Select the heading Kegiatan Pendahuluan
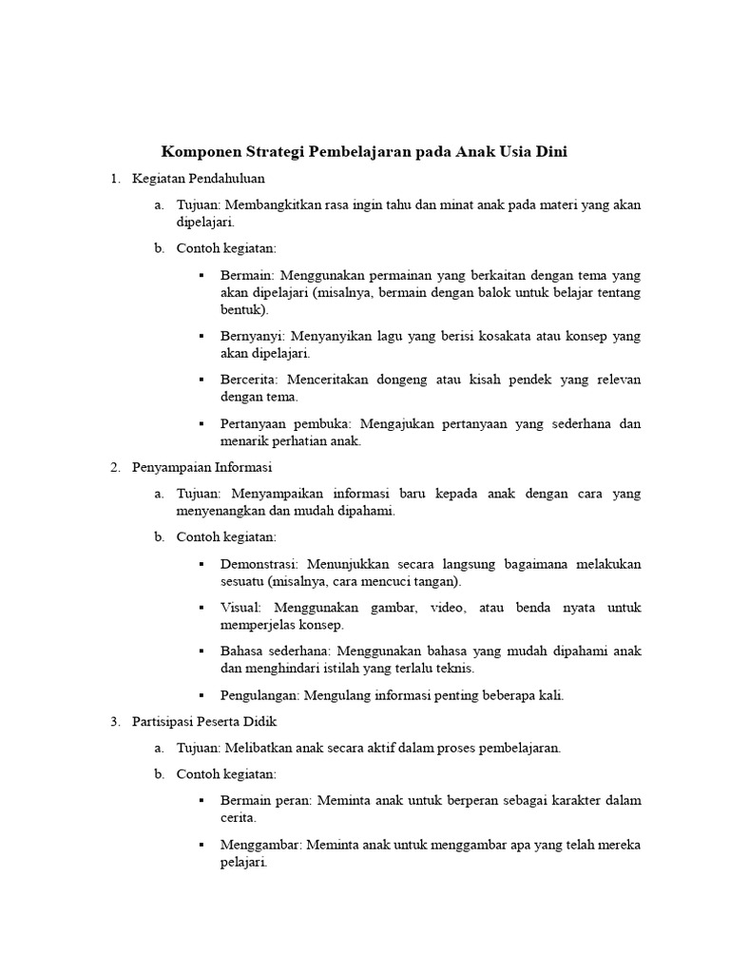point(199,178)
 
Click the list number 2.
point(114,467)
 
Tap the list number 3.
point(114,721)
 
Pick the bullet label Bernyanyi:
point(252,336)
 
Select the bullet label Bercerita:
point(249,380)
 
